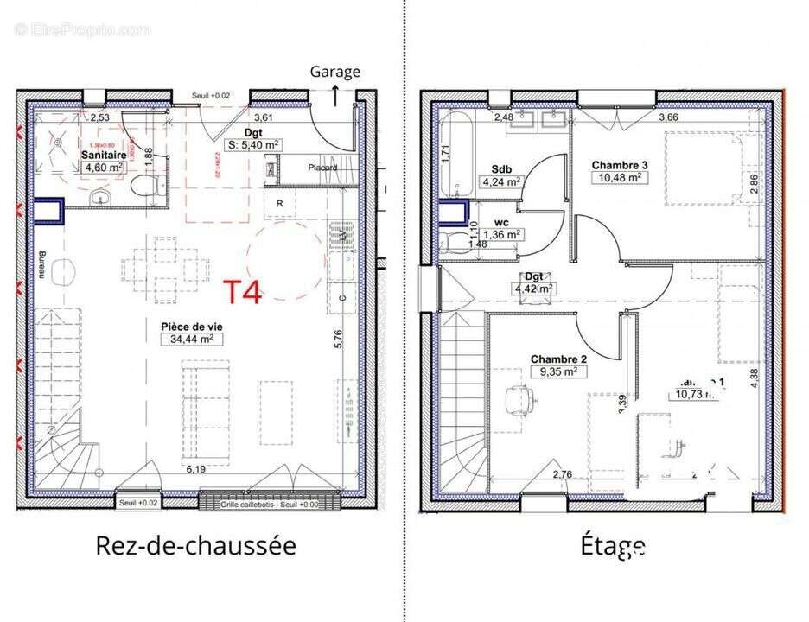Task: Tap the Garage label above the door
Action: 335,72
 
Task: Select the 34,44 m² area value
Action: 186,340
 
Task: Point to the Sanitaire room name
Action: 104,155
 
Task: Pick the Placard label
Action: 321,168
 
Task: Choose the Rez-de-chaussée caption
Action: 195,546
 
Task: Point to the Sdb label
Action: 500,168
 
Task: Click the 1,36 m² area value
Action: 501,234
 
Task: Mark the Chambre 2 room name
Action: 558,359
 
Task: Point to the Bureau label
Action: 41,264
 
